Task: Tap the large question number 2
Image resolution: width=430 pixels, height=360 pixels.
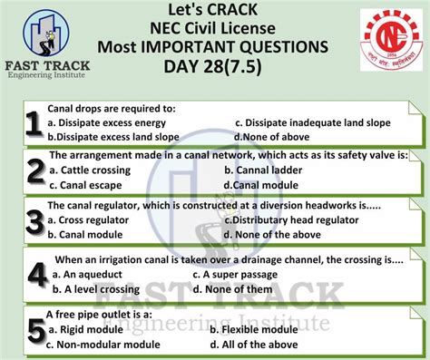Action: click(x=34, y=171)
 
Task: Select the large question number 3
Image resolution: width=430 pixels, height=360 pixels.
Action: click(x=34, y=221)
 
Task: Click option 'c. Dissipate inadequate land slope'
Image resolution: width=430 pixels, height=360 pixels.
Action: click(x=311, y=122)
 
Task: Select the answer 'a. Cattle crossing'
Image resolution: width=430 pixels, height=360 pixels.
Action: click(x=91, y=170)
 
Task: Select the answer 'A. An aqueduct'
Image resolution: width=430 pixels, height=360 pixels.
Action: click(x=95, y=275)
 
